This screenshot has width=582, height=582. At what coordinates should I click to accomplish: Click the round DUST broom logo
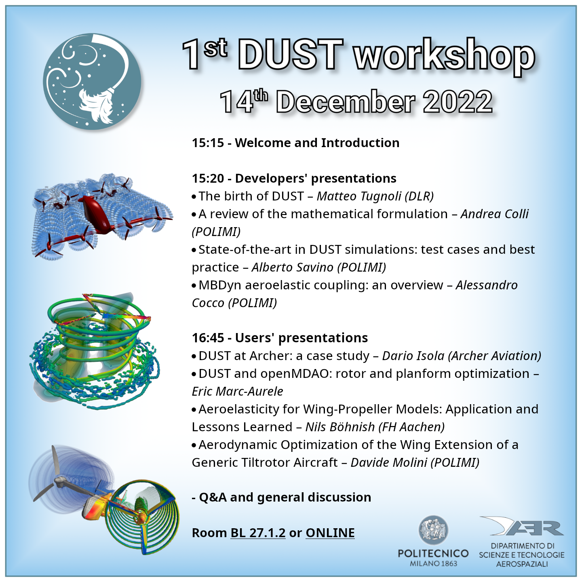92,81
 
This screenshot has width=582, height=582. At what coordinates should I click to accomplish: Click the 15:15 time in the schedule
208,143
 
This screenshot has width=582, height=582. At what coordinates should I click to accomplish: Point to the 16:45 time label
208,337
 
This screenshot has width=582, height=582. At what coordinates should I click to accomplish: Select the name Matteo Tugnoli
358,196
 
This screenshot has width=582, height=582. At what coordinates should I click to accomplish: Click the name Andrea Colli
494,214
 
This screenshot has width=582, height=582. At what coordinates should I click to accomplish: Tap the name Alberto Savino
292,267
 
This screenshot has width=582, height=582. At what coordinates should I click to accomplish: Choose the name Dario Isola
413,356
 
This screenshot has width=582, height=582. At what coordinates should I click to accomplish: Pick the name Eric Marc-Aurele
237,391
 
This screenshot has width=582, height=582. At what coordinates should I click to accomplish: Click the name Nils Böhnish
340,427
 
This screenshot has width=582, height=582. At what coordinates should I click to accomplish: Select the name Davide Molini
389,463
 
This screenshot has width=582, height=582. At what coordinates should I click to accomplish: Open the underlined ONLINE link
330,533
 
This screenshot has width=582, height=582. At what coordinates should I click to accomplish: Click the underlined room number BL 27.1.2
258,533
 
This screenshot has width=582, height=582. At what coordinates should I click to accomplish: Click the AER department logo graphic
522,527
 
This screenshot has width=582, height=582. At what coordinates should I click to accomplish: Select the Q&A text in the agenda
213,498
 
